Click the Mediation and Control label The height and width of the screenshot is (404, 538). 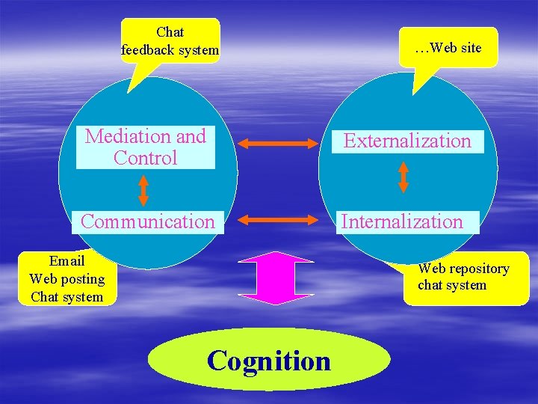146,147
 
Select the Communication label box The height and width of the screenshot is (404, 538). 147,221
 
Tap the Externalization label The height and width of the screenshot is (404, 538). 407,141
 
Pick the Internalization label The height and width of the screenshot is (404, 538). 403,221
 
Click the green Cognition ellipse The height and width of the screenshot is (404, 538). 269,361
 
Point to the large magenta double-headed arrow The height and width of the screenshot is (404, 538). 276,278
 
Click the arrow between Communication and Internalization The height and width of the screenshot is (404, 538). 278,220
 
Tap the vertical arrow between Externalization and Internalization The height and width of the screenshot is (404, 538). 403,177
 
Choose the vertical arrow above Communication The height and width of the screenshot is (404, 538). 143,190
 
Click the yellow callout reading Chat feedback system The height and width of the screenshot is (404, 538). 170,41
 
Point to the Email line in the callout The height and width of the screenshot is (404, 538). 67,261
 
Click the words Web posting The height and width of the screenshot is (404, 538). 67,279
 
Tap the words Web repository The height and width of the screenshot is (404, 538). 463,269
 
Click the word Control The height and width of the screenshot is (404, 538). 146,158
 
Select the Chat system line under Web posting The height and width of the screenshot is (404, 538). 67,297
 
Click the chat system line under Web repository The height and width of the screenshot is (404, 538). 452,285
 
